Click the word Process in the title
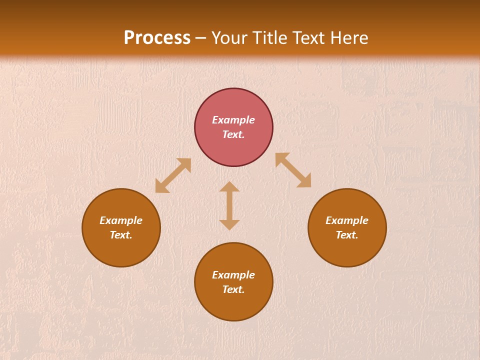click(157, 38)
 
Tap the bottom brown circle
click(233, 305)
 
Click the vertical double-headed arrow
click(229, 205)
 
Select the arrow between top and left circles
click(173, 175)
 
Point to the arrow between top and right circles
click(293, 170)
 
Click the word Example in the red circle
click(233, 120)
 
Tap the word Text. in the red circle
click(233, 134)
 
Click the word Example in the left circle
click(121, 220)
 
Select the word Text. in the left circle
click(121, 235)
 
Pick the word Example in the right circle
click(347, 220)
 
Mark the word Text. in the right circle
click(347, 235)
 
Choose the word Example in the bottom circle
click(233, 275)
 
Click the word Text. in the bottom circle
click(233, 289)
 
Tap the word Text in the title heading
click(309, 38)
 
